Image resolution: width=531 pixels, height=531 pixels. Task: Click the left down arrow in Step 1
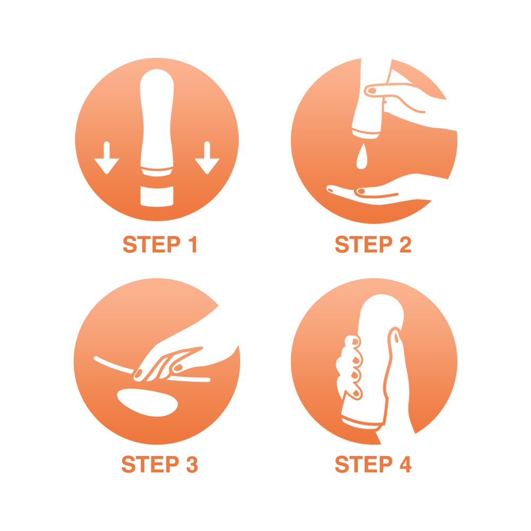coord(107,158)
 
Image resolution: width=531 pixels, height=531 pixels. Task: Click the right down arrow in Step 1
coord(207,158)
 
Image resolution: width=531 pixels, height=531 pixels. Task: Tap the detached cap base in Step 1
coord(157,196)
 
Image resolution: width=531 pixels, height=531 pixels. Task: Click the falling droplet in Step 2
coord(362,157)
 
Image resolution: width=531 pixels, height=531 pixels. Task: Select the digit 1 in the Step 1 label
coord(193,244)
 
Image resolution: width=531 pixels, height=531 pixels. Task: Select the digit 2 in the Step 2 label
coord(405,244)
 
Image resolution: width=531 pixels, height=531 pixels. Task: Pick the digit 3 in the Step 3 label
coord(192,464)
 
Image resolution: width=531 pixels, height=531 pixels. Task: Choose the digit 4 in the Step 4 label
coord(406,464)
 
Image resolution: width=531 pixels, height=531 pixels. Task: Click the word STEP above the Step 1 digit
coord(151,244)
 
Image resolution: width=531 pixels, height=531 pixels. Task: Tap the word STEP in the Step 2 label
coord(364,244)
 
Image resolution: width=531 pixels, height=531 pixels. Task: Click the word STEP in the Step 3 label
coord(150,464)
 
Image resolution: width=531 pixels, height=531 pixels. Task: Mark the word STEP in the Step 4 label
coord(364,464)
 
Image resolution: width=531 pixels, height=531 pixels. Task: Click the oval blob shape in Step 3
coord(147,402)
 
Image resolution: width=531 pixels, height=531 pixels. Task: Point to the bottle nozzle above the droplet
coord(366,135)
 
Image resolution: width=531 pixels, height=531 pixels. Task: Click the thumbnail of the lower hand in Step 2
coord(361,191)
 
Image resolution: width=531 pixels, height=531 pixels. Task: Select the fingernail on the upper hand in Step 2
coord(372,90)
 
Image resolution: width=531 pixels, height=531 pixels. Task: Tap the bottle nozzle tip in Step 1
coord(157,173)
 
